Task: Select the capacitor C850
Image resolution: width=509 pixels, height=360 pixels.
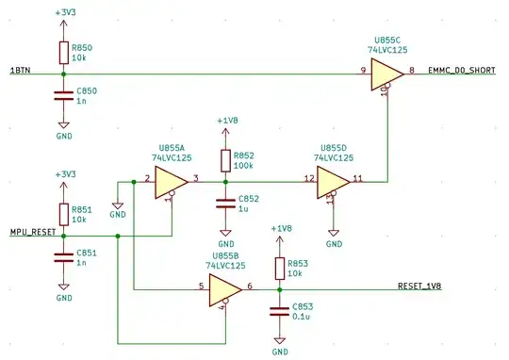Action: coord(63,94)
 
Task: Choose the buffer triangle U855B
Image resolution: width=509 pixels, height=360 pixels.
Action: coord(223,289)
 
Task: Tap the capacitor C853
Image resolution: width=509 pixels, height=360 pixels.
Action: coord(279,310)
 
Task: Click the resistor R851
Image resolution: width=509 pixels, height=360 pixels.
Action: coord(63,213)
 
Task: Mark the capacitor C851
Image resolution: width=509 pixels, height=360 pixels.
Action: coord(63,256)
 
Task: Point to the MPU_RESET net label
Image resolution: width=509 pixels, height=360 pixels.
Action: coord(31,230)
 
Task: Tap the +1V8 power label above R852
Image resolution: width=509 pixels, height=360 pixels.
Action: coord(227,122)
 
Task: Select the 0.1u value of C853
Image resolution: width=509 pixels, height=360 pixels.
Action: coord(303,318)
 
